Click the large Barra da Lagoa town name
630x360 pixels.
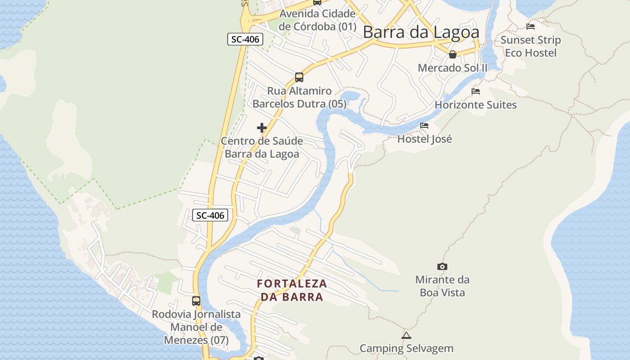click(x=421, y=32)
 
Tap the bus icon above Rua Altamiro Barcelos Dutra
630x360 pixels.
click(x=299, y=77)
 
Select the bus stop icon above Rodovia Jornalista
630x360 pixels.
click(x=196, y=301)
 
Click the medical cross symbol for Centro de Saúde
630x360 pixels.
click(x=262, y=128)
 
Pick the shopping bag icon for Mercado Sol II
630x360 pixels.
click(x=453, y=54)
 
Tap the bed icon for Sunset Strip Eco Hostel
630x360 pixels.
click(x=531, y=27)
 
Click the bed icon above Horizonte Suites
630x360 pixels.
click(x=476, y=91)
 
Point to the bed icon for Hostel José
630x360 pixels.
click(x=424, y=126)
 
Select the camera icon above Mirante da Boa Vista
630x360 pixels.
click(x=442, y=266)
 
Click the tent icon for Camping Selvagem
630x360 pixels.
click(x=406, y=335)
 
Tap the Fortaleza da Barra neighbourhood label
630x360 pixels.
click(x=292, y=290)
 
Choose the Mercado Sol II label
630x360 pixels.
click(x=453, y=68)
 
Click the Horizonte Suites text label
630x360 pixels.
click(x=476, y=105)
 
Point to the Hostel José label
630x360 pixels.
click(x=424, y=139)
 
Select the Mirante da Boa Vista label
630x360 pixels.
click(x=442, y=286)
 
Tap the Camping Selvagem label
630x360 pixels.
click(x=406, y=348)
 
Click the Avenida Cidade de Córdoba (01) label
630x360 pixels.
click(x=317, y=20)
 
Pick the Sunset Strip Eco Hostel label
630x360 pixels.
click(x=531, y=46)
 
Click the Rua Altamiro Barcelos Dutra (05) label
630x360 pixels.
click(x=299, y=97)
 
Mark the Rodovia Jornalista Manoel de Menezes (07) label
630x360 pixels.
click(x=196, y=327)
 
